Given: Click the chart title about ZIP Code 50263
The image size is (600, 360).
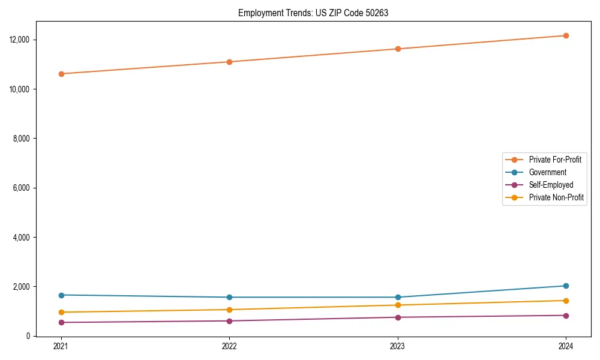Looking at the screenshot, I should pos(313,13).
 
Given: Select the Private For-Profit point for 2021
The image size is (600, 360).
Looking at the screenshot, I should pos(61,74).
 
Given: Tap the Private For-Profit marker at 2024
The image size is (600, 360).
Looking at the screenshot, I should pos(566,35).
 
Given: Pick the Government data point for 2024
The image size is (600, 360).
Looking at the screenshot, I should pos(566,286).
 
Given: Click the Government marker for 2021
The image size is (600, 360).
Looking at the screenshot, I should pos(61,295).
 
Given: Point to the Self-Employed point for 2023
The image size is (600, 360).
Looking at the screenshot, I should pos(398,317).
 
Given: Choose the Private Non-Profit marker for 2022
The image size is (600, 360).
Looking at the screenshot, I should pos(229,310).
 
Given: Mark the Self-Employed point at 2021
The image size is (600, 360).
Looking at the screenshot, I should pos(61,322).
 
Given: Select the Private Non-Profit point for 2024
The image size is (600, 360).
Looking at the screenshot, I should pos(566,301).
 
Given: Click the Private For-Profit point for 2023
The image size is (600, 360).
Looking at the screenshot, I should pos(398,49).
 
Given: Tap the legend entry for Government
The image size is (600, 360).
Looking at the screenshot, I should pos(547,172).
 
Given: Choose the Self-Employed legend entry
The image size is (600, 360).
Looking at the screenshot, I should pos(551,185).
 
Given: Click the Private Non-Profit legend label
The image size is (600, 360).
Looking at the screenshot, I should pos(556,197).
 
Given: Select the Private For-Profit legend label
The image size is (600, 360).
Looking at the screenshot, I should pos(555,160).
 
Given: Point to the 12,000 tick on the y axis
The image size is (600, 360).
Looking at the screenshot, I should pos(20,40).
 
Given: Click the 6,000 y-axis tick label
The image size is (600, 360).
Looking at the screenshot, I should pos(22,188).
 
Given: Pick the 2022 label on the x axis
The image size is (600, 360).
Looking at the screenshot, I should pos(229,346).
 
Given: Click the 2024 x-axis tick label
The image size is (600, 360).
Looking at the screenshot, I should pos(566,346).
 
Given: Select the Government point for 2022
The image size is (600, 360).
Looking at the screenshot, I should pos(229,297).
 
